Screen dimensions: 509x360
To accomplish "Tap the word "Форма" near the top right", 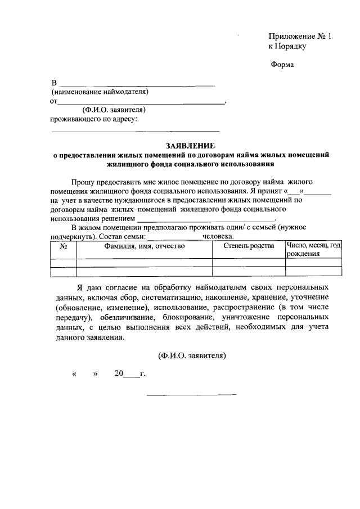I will [x=282, y=65].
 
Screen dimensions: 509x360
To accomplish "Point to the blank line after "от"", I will [x=141, y=103].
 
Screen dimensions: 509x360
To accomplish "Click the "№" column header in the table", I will [x=64, y=246].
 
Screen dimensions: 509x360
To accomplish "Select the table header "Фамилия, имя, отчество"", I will [x=145, y=246].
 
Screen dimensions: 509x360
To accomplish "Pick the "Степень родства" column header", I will [x=249, y=246].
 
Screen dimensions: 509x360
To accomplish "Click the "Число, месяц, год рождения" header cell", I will [x=313, y=249].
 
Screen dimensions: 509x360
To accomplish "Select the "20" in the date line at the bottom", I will [x=119, y=373].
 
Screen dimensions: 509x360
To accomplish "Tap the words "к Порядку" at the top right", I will [x=287, y=46].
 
